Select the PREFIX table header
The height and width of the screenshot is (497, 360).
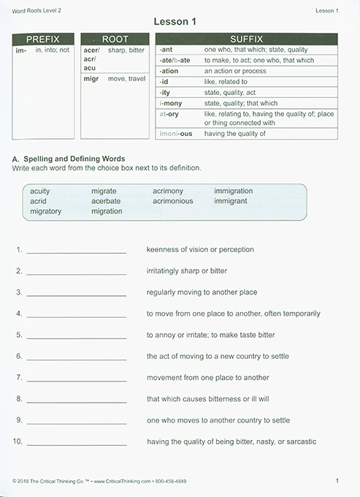tap(42, 39)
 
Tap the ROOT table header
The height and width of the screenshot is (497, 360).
tap(115, 39)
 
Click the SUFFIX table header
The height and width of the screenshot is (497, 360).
tap(246, 39)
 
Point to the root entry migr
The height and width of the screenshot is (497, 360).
tap(91, 79)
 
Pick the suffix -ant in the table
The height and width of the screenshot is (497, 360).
tap(166, 50)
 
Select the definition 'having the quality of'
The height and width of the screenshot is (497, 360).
tap(234, 134)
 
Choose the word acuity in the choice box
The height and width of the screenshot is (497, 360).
tap(40, 191)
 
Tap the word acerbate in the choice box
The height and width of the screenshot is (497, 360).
tap(106, 201)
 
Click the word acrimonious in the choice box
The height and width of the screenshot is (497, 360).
tap(173, 201)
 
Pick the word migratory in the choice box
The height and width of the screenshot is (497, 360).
tap(46, 211)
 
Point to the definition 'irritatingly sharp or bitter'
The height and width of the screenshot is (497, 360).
tap(186, 270)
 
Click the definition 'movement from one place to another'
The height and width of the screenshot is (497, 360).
tap(207, 378)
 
